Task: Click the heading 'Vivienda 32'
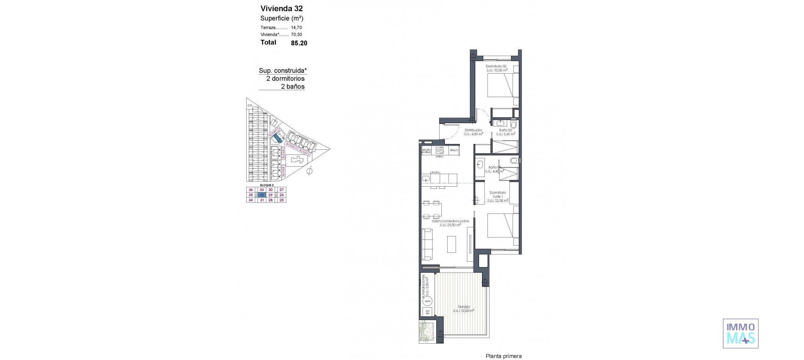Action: [x=281, y=8]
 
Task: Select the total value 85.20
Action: [x=299, y=43]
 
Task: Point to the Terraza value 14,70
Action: [x=296, y=28]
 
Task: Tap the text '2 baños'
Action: [x=292, y=87]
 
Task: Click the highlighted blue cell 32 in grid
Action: [x=262, y=195]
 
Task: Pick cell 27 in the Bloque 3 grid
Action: [x=282, y=190]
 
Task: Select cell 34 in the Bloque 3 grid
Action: [x=251, y=200]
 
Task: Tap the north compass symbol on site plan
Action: [x=310, y=171]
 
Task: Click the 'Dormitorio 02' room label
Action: [x=496, y=67]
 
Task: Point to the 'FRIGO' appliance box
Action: [x=454, y=150]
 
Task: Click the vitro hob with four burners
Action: [x=440, y=150]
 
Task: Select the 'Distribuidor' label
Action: [x=474, y=130]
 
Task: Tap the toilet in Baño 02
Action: [x=514, y=124]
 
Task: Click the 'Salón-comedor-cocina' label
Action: [x=451, y=221]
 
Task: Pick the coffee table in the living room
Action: [x=451, y=244]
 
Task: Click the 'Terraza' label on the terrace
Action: [x=464, y=306]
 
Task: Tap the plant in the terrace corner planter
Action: [x=426, y=332]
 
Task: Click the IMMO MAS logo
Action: [x=740, y=333]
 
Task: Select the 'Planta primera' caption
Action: [x=503, y=356]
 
